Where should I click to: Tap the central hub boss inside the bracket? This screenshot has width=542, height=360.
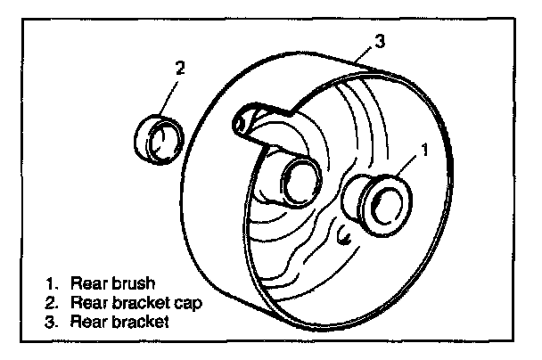(297, 182)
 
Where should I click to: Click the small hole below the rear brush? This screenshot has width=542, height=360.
(343, 236)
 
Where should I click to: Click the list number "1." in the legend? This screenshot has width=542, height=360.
(53, 284)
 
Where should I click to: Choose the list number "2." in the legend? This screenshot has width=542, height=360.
(53, 303)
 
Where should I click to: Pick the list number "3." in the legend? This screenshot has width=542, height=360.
(53, 322)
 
